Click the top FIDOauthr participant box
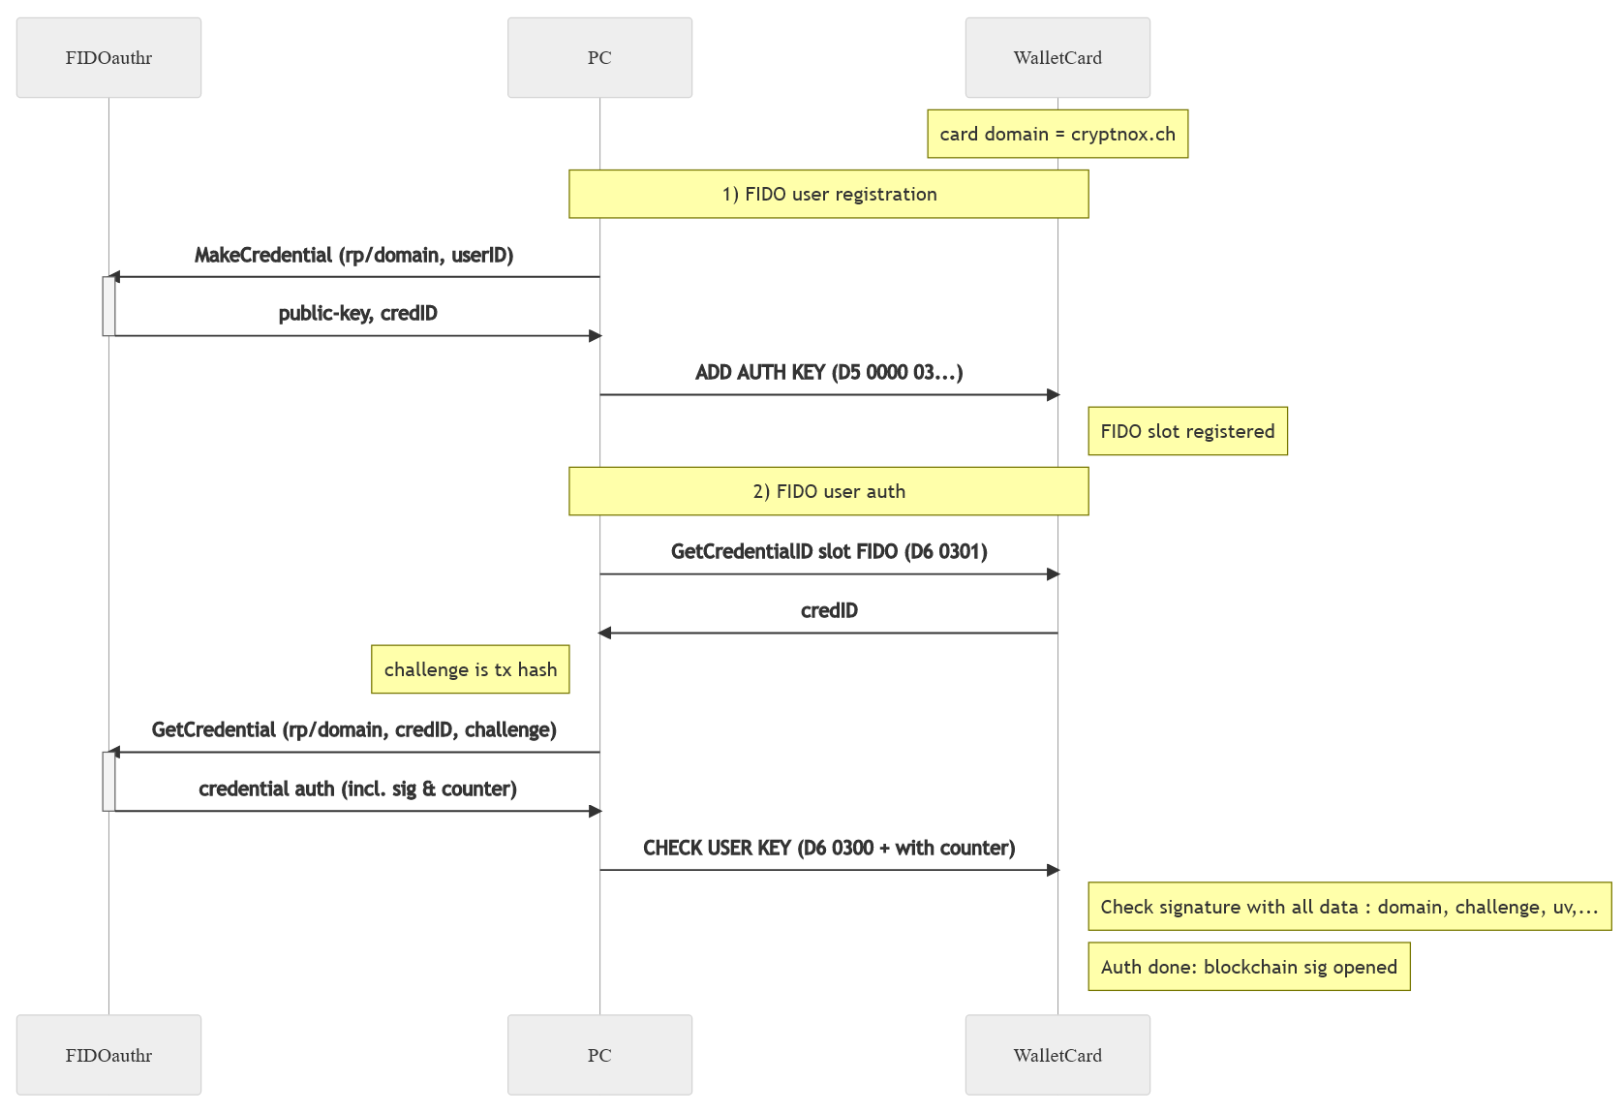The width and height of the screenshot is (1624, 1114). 108,57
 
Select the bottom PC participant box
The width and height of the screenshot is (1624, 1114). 599,1055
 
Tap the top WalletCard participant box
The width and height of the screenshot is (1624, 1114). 1057,57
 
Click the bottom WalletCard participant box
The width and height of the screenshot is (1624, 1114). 1057,1055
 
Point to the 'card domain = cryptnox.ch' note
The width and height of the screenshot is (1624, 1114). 1057,134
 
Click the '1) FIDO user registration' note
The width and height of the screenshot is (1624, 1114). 829,194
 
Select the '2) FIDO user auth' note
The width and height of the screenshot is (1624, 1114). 829,491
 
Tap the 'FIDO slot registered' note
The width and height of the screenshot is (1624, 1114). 1187,431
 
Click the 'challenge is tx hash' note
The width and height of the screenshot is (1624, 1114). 470,668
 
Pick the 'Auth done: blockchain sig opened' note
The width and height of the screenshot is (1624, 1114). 1249,966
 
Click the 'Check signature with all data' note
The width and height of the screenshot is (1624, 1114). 1349,906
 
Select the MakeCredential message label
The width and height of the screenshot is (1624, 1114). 353,256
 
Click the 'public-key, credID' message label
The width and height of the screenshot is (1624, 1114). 358,313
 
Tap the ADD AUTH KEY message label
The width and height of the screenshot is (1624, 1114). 829,372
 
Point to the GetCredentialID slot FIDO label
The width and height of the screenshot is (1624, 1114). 829,551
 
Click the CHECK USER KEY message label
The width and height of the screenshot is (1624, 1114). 829,848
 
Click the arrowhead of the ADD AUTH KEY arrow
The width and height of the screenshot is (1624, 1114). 1054,394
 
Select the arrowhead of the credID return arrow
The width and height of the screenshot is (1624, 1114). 604,634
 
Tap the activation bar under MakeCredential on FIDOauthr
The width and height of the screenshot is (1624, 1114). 108,306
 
